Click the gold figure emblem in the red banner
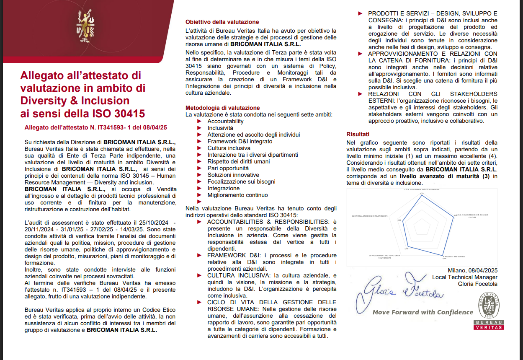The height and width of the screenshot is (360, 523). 85,26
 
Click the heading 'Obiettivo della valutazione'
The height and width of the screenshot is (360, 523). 222,22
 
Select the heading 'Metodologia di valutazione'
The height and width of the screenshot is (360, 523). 222,108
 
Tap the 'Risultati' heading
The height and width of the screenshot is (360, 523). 358,135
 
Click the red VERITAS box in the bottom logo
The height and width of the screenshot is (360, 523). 489,327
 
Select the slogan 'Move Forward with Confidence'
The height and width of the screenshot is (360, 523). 423,312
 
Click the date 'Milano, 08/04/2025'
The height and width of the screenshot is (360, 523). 472,270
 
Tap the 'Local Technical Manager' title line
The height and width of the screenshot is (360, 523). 465,277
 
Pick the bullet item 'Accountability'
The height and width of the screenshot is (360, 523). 225,121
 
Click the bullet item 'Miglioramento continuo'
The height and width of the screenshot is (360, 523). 237,195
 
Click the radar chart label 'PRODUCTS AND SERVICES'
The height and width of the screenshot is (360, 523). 455,256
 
